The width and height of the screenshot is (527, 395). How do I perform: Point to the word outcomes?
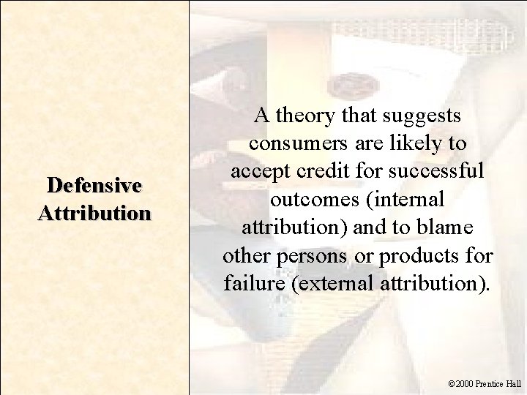[307, 198]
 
